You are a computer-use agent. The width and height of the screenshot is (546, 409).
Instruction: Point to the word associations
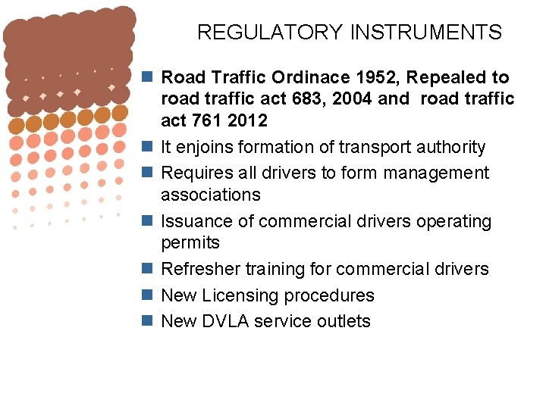pyautogui.click(x=211, y=195)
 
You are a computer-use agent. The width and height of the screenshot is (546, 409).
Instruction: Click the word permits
pyautogui.click(x=190, y=243)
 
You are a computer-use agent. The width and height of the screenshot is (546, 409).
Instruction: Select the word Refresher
pyautogui.click(x=200, y=269)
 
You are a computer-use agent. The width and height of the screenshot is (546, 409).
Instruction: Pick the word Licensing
pyautogui.click(x=240, y=295)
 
